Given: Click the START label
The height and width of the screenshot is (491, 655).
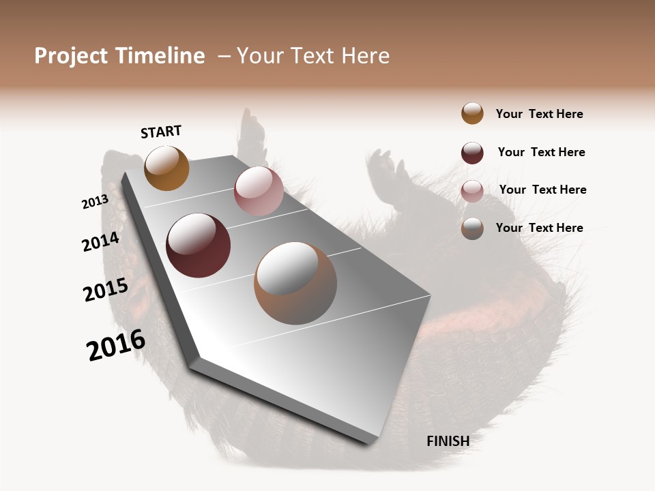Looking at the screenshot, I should (x=161, y=132).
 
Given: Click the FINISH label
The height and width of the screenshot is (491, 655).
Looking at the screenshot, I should (x=448, y=441).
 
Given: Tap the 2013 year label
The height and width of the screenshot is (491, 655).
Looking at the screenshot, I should (x=96, y=202).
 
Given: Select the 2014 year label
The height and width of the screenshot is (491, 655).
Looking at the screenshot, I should (x=101, y=241).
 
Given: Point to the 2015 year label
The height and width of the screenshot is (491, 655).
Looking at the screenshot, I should (x=106, y=290).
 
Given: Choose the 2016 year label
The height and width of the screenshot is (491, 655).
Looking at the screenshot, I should (x=116, y=345).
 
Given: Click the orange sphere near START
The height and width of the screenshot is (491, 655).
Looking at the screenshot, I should (x=166, y=168).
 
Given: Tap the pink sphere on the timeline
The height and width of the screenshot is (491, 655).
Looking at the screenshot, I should (x=259, y=191).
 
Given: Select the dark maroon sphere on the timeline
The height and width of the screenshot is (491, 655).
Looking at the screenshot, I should (x=198, y=245).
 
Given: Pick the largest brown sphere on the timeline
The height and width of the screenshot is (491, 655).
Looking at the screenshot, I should (x=295, y=283).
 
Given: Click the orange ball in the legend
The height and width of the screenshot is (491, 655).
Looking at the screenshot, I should (x=472, y=113).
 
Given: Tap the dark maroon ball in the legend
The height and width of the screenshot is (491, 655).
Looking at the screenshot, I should (x=472, y=153).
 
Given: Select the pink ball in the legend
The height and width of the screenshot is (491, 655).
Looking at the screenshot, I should (x=472, y=191).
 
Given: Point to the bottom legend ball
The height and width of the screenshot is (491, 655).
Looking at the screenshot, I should (x=472, y=228).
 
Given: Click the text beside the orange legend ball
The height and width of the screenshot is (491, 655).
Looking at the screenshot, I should (x=539, y=114).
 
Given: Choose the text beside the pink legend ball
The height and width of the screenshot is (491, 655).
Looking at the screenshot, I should (x=542, y=190).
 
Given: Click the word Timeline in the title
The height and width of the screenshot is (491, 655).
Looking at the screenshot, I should (x=160, y=56).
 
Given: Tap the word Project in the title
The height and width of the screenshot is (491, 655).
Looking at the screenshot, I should (x=71, y=56).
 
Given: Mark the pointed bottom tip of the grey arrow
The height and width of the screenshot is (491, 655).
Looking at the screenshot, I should (x=368, y=443).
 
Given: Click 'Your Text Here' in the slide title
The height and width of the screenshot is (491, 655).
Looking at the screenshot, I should (x=313, y=56).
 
